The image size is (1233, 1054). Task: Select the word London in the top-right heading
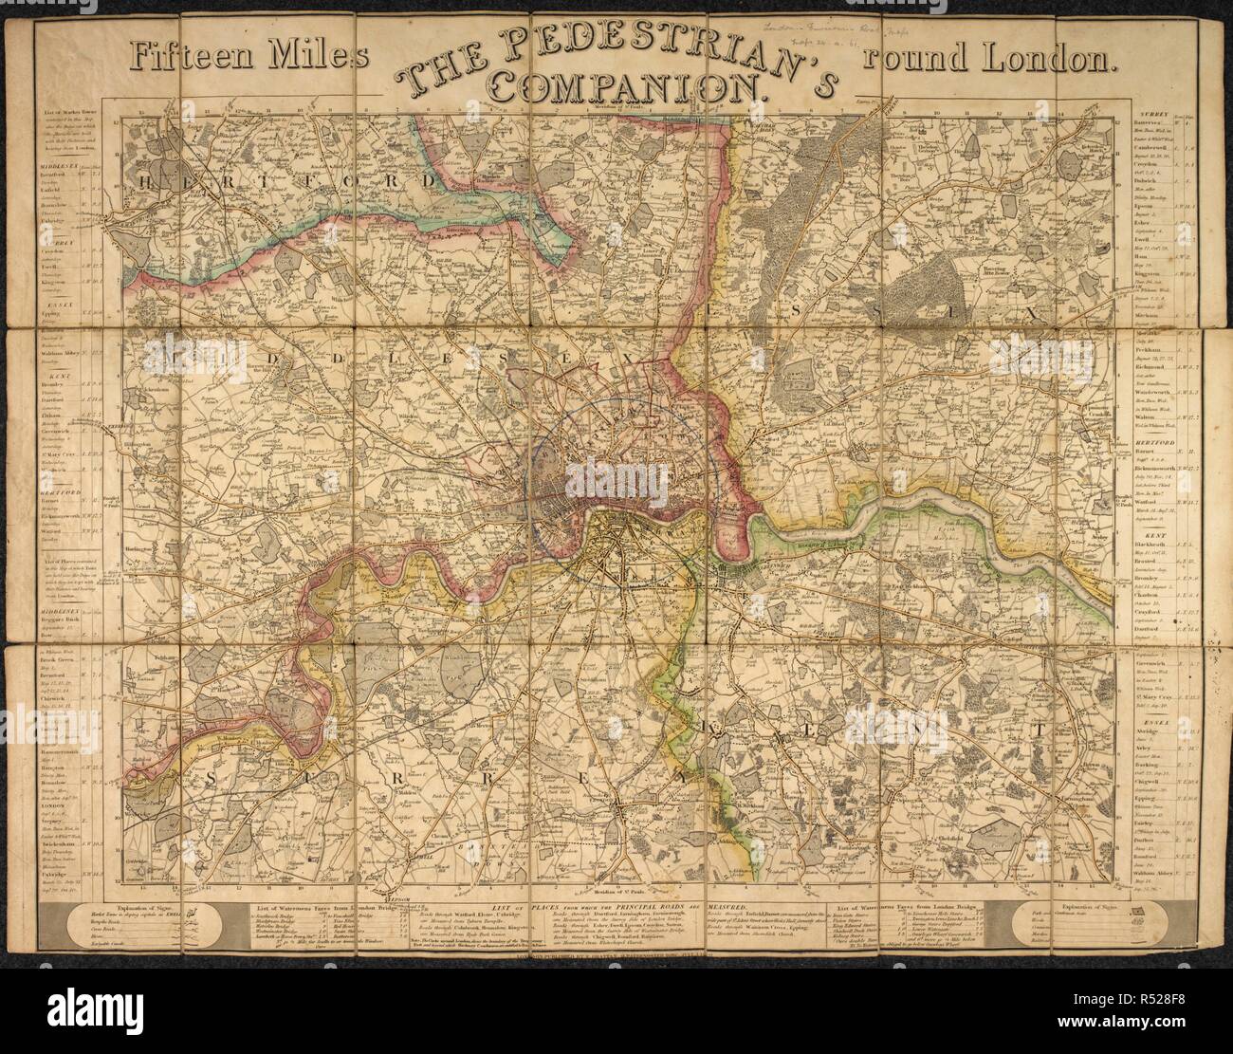coord(1052,59)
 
